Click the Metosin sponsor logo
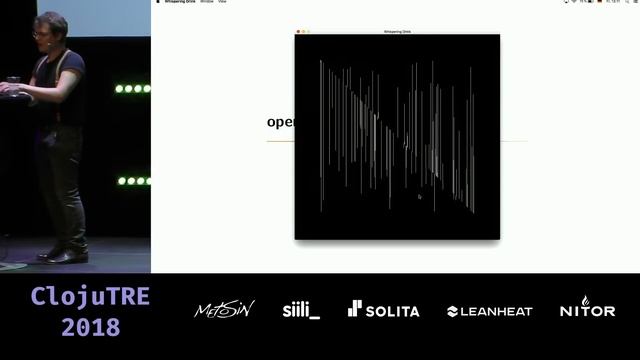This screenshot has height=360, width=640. point(224,310)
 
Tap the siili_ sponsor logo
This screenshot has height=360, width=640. point(301,310)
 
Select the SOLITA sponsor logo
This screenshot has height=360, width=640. point(383,310)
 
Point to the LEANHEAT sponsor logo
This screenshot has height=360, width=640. point(490,311)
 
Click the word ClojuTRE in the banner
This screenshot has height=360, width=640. point(90,297)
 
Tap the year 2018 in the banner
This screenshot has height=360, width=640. point(90,327)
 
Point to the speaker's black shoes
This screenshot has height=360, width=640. point(65,255)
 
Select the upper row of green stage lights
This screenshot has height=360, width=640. point(132,89)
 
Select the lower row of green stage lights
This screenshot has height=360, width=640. point(133,181)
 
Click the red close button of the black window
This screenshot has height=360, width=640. point(297,32)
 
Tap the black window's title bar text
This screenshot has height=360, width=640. point(397,32)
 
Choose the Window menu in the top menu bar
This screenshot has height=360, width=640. point(206,2)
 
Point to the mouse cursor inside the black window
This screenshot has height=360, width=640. point(420,197)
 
